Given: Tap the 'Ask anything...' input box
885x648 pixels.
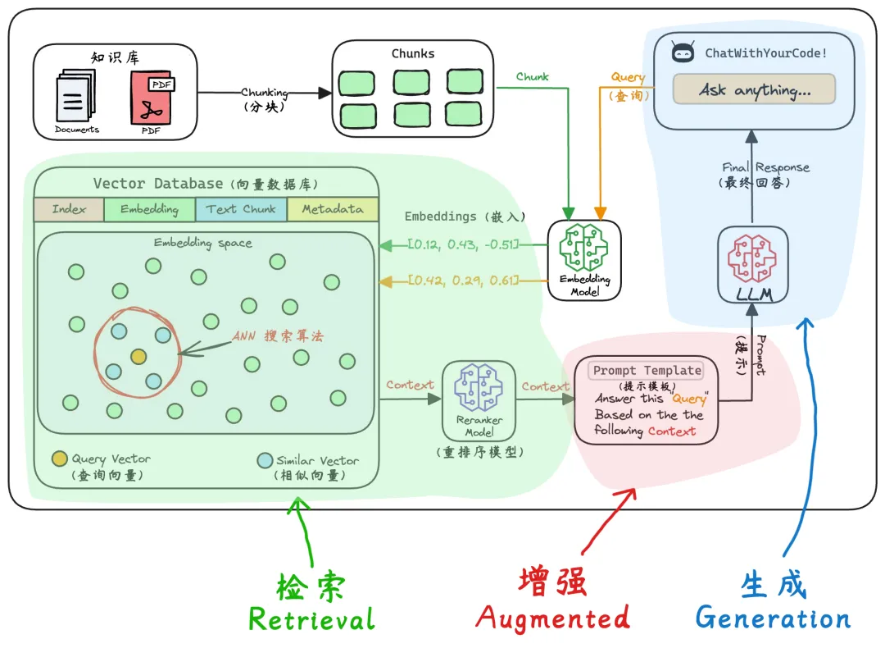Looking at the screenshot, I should coord(754,89).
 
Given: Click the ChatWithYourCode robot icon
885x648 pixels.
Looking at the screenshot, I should coord(683,53).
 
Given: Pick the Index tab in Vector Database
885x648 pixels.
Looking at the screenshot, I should coord(69,209).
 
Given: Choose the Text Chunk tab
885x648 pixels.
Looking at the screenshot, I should coord(241,209).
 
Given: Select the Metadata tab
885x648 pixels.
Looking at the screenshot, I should coord(333,209).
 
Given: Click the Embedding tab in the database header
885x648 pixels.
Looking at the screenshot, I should coord(149,209).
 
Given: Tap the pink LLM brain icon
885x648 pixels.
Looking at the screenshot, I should coord(751,258).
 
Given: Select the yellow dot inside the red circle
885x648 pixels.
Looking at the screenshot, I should coord(138,356).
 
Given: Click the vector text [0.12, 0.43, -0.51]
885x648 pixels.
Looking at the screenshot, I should coord(464,245).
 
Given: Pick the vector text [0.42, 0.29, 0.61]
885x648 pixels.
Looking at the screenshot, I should coord(464,281).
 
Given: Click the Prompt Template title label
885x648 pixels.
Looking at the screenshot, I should coord(647,371).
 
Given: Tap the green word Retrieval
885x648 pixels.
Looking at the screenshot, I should coord(311,619).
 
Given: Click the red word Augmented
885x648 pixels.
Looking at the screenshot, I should coord(552,617).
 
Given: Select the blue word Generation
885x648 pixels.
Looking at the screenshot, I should coord(773,618).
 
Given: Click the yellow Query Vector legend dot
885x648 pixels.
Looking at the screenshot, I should coord(59,459).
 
